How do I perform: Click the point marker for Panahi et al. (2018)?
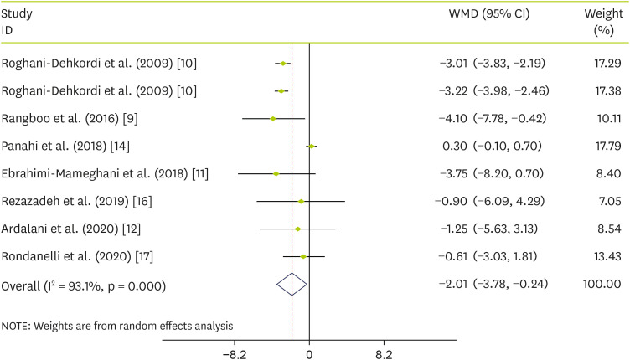pos(312,146)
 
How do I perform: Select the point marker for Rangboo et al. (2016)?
pos(273,118)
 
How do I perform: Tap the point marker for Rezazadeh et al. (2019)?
pos(301,201)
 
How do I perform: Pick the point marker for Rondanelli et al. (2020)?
pos(303,256)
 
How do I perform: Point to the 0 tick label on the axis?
pos(309,353)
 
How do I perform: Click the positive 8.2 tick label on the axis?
pos(384,353)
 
